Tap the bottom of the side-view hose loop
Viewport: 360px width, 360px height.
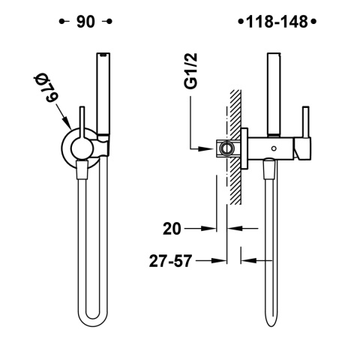[x=272, y=335]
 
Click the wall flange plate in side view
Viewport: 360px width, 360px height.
[x=245, y=148]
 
